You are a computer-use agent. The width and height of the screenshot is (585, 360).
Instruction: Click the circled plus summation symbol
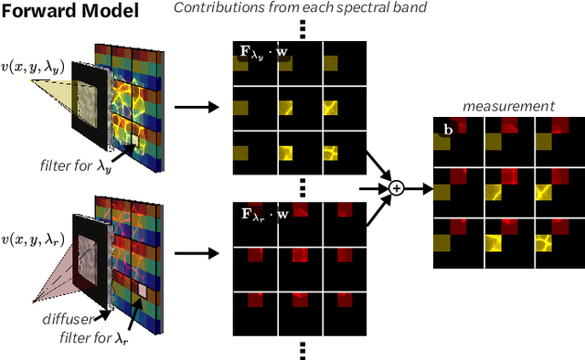coord(397,187)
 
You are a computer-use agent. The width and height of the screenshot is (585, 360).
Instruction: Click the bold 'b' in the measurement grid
coord(448,131)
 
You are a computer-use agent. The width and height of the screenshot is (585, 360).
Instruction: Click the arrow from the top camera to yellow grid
coord(197,107)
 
